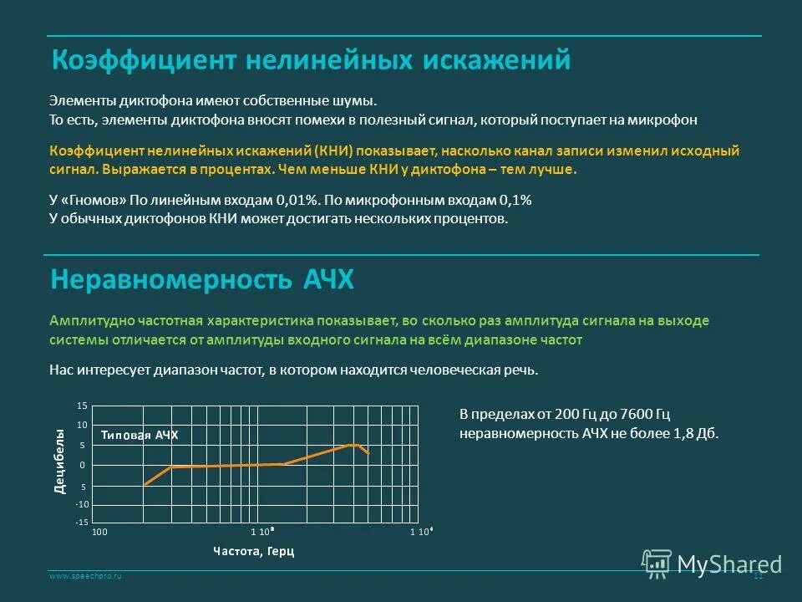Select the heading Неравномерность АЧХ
202,279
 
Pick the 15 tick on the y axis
82,406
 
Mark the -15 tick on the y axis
81,522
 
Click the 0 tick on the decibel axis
83,465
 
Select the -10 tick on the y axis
81,505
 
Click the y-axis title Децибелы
59,461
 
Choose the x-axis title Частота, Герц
253,551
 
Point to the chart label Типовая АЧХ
140,435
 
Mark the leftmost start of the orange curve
145,484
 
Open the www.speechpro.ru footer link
85,577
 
